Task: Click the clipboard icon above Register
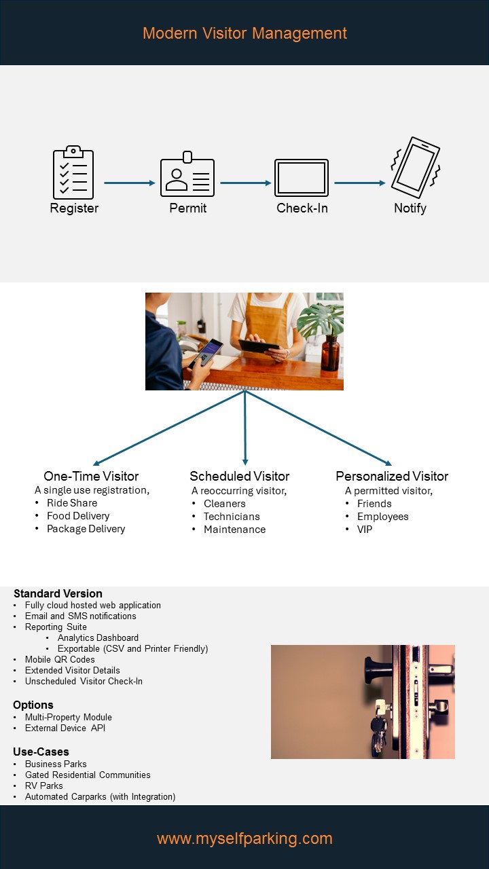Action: tap(73, 173)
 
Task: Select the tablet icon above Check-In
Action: tap(302, 178)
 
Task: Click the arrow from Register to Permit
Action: tap(130, 183)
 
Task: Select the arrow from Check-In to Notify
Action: tap(360, 183)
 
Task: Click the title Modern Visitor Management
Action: tap(244, 33)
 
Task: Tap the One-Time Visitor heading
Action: tap(91, 476)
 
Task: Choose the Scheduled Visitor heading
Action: tap(240, 476)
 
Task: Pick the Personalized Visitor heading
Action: tap(392, 476)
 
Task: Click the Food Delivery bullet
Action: tap(78, 516)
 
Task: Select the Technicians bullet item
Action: tap(232, 517)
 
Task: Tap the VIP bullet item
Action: tap(365, 530)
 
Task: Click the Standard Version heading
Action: tap(58, 593)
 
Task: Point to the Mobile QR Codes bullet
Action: tap(60, 659)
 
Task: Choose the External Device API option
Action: tap(65, 728)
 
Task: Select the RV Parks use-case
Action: tap(44, 785)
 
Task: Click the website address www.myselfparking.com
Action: tap(244, 838)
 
